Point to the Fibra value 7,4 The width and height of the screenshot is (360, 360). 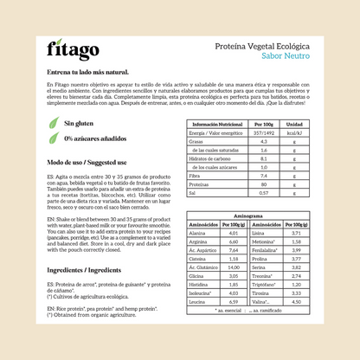[267, 175]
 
